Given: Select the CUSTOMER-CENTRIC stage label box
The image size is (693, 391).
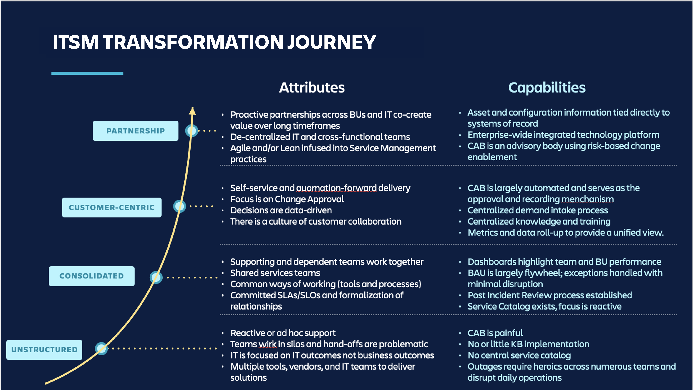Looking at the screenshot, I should (x=112, y=208).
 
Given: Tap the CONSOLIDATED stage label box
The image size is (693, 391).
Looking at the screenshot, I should (x=92, y=276).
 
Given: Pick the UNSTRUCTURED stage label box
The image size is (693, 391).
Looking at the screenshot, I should (x=44, y=350).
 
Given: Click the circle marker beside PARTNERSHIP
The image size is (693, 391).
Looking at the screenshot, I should (x=192, y=131).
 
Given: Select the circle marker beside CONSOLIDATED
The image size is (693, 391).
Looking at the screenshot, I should (x=156, y=277).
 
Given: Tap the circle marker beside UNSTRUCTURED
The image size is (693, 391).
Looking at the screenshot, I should (x=101, y=349).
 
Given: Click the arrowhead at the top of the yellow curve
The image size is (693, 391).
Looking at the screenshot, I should (x=192, y=111).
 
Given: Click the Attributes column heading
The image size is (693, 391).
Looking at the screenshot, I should (x=312, y=88).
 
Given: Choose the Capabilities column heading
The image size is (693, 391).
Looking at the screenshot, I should (x=547, y=88).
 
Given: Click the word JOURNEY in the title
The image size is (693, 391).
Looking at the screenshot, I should (x=331, y=42).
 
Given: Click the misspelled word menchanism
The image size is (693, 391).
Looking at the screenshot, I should (x=588, y=199).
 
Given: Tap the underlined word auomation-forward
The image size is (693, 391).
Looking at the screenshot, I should (x=336, y=188).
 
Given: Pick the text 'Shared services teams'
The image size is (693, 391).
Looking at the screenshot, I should (x=275, y=273).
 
